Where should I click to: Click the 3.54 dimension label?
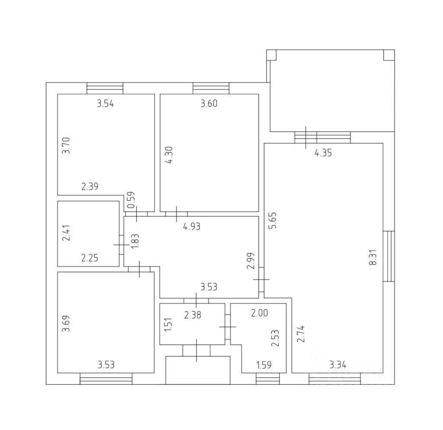pyautogui.click(x=105, y=103)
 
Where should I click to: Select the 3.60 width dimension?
pyautogui.click(x=209, y=103)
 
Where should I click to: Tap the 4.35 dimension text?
pyautogui.click(x=323, y=153)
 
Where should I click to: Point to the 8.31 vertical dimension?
pyautogui.click(x=375, y=259)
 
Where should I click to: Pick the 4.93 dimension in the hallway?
pyautogui.click(x=192, y=226)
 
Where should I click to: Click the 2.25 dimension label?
pyautogui.click(x=90, y=258)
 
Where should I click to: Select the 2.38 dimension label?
pyautogui.click(x=193, y=315)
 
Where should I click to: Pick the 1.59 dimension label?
pyautogui.click(x=264, y=365)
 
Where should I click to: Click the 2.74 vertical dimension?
pyautogui.click(x=300, y=334)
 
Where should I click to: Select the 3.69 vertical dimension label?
pyautogui.click(x=66, y=324)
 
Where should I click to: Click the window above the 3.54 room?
pyautogui.click(x=105, y=88)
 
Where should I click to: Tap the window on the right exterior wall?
pyautogui.click(x=389, y=256)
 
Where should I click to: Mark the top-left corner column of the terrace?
pyautogui.click(x=271, y=55)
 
